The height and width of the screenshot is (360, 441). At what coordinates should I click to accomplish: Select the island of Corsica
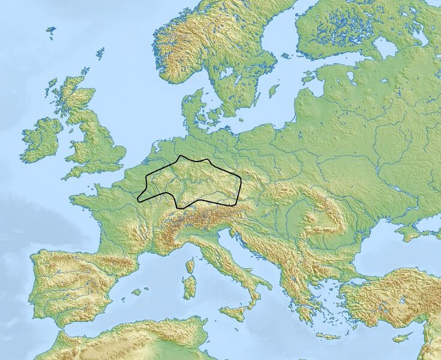191,266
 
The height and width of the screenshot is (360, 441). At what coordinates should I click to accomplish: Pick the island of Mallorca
137,292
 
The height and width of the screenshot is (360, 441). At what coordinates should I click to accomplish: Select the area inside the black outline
192,183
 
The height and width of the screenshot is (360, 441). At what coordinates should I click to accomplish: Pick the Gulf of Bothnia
282,36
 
